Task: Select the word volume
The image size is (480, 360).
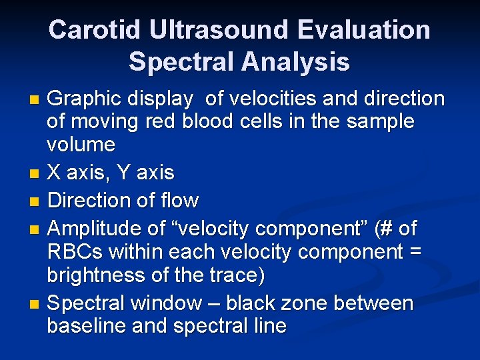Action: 81,145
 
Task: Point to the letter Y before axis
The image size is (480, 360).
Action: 123,173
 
